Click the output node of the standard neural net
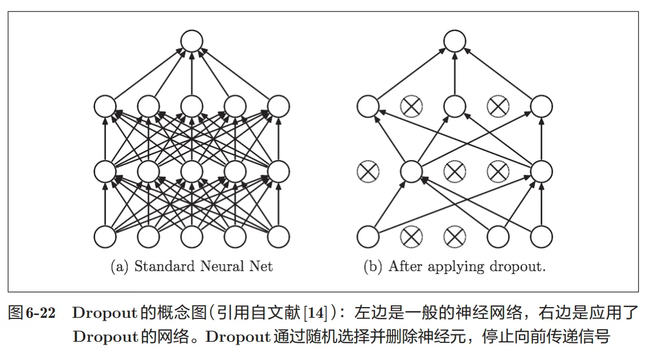(x=191, y=41)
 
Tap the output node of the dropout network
(x=455, y=41)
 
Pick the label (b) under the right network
(x=373, y=266)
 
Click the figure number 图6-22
(x=31, y=313)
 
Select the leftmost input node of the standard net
(x=104, y=237)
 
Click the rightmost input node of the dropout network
(x=541, y=237)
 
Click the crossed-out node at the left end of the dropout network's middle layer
(x=367, y=171)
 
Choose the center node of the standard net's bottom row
(x=191, y=237)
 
